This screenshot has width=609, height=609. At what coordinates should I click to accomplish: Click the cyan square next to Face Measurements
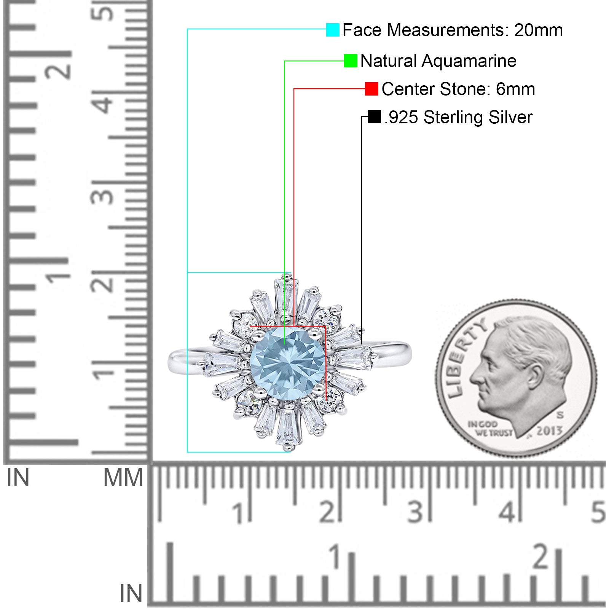333,30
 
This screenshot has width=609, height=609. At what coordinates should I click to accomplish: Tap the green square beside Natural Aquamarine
351,61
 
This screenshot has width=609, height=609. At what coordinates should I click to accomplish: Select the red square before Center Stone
371,89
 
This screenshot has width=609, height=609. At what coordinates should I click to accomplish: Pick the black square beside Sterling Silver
375,117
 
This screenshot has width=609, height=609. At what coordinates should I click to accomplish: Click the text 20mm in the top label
538,30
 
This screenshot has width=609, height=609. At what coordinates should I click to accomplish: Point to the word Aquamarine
469,61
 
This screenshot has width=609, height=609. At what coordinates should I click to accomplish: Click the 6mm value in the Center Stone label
515,89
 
